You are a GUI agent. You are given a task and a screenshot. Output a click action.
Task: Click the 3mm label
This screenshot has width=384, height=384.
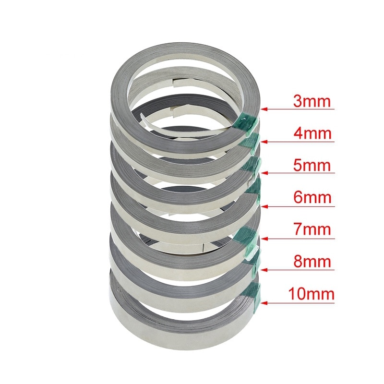click(312, 101)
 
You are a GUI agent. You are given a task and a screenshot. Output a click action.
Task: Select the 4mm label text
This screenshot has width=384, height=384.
click(312, 133)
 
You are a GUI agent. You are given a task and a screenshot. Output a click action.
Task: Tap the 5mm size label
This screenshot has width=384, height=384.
click(312, 165)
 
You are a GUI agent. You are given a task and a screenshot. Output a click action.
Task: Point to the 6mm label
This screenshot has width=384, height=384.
click(312, 197)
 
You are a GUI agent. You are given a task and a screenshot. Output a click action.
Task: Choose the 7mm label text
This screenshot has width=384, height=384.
click(312, 229)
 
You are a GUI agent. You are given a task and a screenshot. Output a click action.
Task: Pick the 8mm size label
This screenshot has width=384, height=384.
click(312, 261)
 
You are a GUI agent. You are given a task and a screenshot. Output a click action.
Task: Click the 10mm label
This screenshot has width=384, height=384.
click(311, 294)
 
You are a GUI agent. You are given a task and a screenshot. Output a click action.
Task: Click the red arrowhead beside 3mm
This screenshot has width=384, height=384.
click(264, 109)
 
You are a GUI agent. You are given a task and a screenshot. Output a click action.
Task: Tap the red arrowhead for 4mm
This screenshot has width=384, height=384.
click(264, 142)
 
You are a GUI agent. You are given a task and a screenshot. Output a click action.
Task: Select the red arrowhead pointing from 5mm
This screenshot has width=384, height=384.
click(264, 173)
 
